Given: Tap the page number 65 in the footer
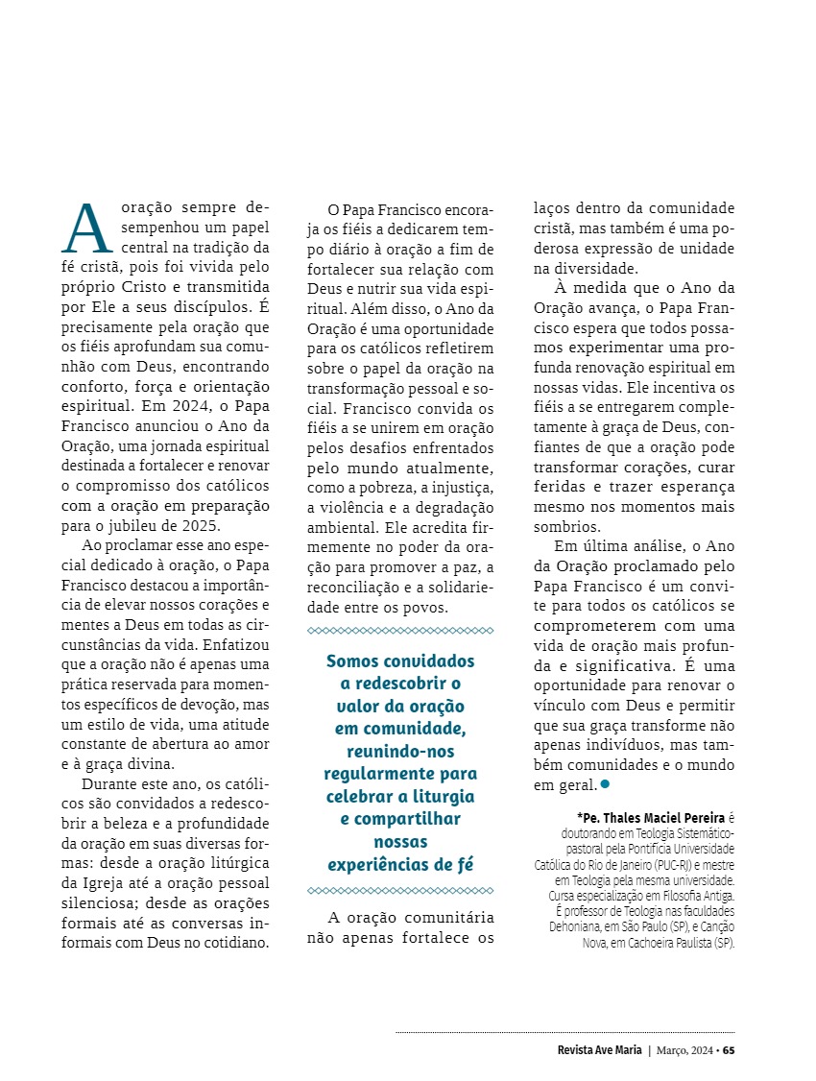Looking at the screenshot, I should pos(729,1049).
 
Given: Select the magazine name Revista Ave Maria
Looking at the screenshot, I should pos(600,1049).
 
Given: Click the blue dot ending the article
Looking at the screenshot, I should pos(605,784).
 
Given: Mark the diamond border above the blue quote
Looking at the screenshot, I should pos(399,631).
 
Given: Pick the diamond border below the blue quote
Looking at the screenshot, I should pos(399,891).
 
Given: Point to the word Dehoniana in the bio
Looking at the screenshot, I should pos(581,926).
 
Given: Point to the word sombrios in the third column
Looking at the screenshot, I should pos(566,526).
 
